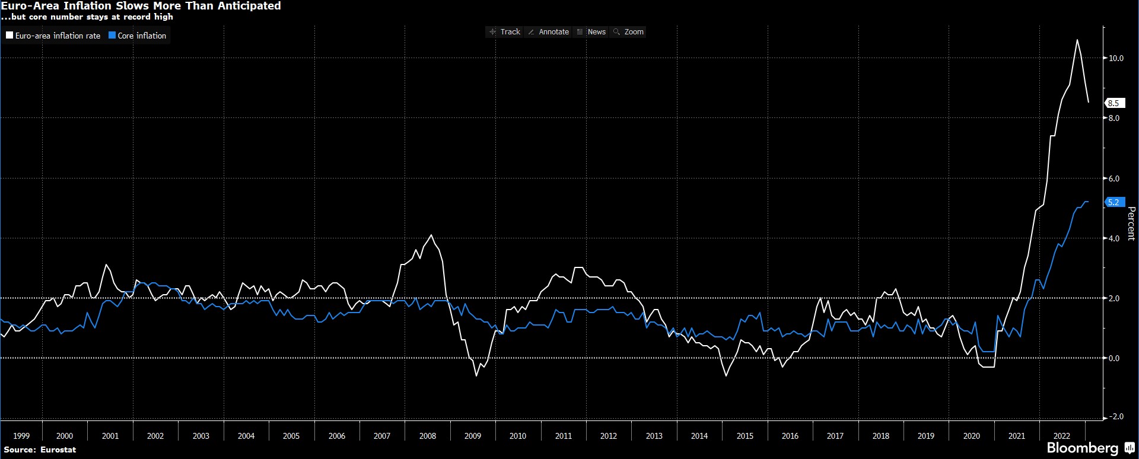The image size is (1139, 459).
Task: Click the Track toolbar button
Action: (x=505, y=32)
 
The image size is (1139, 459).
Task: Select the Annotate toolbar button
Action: (x=549, y=32)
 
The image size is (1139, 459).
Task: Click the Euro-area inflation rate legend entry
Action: (x=53, y=36)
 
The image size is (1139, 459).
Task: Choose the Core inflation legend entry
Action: (x=138, y=36)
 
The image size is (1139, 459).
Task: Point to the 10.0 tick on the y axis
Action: (x=1116, y=58)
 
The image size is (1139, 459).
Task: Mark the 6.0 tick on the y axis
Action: (x=1114, y=179)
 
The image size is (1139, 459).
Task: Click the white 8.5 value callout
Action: (x=1113, y=103)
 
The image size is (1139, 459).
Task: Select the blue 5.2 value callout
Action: (x=1113, y=202)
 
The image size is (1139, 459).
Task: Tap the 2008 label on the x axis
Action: (x=427, y=436)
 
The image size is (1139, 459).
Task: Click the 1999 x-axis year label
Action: (x=21, y=436)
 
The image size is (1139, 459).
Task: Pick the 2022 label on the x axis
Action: (x=1061, y=436)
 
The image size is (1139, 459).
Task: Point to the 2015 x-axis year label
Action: (x=745, y=436)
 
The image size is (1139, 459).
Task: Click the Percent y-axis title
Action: (x=1131, y=223)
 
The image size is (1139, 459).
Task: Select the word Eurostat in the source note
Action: (x=58, y=450)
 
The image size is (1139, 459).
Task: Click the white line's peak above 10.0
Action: (x=1077, y=40)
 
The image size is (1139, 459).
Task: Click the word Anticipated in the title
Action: (x=246, y=6)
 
